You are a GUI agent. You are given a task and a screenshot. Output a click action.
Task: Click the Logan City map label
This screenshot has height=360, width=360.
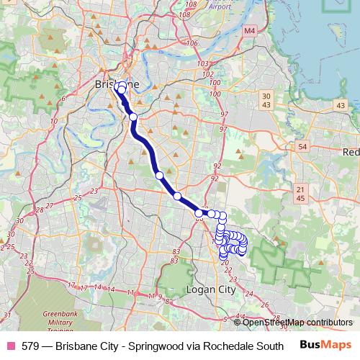pyautogui.click(x=211, y=289)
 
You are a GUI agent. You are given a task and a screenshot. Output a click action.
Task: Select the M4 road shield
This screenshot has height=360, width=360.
pyautogui.click(x=249, y=31)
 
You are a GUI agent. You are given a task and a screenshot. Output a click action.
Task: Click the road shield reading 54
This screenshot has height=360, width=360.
pyautogui.click(x=302, y=147)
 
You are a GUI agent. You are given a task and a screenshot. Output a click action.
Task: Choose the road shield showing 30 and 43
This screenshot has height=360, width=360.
pyautogui.click(x=266, y=101)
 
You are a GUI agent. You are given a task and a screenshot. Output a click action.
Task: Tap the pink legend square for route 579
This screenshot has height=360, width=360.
pyautogui.click(x=11, y=345)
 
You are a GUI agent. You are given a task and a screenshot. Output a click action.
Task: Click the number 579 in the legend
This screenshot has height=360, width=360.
pyautogui.click(x=30, y=345)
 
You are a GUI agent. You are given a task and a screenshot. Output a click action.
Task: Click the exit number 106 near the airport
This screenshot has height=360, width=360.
pyautogui.click(x=192, y=43)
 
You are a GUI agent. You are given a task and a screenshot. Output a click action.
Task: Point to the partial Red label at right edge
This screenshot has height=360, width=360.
pyautogui.click(x=352, y=152)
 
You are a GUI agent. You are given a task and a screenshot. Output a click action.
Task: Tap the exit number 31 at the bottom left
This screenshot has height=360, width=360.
pyautogui.click(x=6, y=315)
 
